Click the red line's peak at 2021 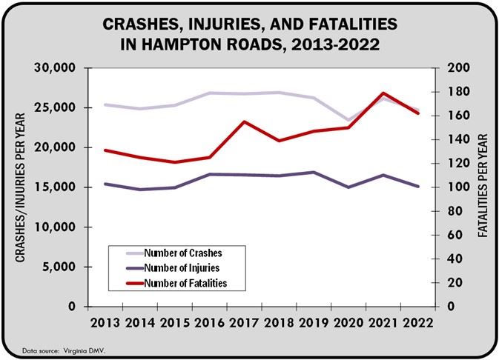383,93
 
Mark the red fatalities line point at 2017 244,121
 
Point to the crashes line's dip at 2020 348,120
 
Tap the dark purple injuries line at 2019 314,173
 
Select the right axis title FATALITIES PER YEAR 483,186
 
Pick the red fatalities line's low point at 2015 174,162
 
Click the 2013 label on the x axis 105,323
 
